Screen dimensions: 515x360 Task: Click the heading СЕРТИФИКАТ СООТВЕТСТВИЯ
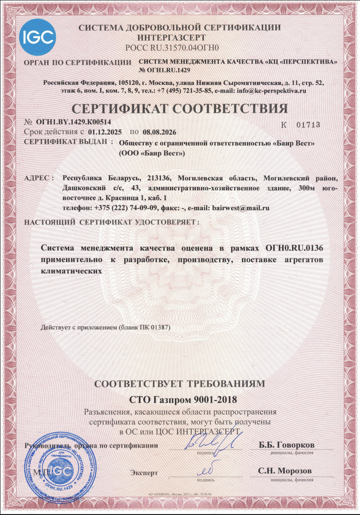pyautogui.click(x=180, y=110)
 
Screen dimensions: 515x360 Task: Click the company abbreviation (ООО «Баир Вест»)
pyautogui.click(x=152, y=153)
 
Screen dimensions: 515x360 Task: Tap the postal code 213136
pyautogui.click(x=160, y=178)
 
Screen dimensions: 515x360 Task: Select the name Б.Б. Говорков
pyautogui.click(x=287, y=444)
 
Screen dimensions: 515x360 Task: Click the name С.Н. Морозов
pyautogui.click(x=285, y=471)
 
